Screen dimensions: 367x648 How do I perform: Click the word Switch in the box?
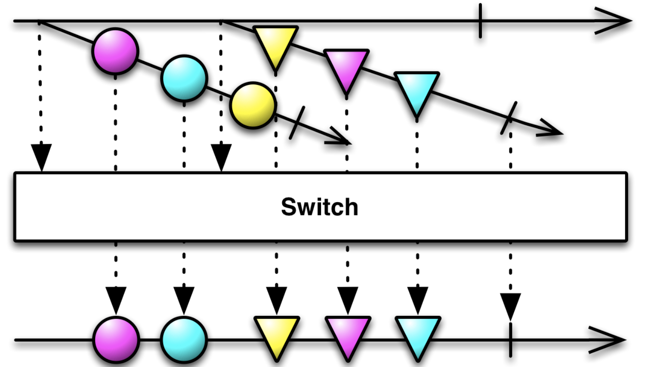[x=319, y=207]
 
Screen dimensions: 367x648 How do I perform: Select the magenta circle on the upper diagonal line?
[x=115, y=51]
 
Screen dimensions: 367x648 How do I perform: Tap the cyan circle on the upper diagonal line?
[x=184, y=78]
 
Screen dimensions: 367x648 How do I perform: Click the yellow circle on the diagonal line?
[x=253, y=105]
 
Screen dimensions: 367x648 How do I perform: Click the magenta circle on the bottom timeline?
[x=116, y=339]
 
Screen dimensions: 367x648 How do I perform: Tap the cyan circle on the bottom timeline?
[x=184, y=339]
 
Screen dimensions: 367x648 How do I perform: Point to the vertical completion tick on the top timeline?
[x=480, y=21]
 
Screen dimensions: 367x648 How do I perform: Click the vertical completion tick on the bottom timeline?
[x=510, y=340]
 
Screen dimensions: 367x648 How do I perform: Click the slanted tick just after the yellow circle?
[x=297, y=123]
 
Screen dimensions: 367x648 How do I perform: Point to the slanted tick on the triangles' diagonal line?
[x=509, y=118]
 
